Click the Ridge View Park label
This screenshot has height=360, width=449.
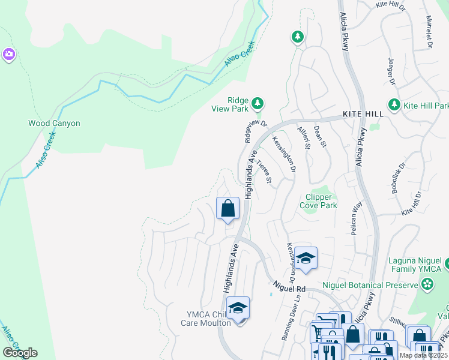coord(229,105)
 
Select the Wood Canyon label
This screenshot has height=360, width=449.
coord(54,124)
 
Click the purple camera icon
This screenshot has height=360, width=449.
coord(8,55)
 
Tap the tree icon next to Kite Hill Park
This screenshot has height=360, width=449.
coord(394,105)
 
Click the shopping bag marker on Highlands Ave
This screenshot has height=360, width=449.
coord(228,209)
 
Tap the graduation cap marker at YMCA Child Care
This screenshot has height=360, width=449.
coord(238,308)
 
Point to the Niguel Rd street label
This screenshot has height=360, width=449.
coord(289,289)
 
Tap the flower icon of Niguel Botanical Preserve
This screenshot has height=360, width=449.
coord(427,285)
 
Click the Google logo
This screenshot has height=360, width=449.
coord(20,352)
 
